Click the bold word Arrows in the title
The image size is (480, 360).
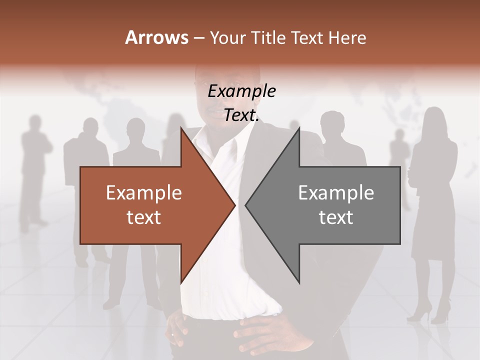(156, 37)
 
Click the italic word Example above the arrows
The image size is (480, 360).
(241, 91)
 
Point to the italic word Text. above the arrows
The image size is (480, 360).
(241, 115)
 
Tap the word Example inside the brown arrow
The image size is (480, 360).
(144, 193)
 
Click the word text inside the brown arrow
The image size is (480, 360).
(144, 217)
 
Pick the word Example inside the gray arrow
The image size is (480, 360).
(336, 193)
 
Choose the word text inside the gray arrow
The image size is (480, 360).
(336, 217)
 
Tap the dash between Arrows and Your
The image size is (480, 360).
(198, 38)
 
